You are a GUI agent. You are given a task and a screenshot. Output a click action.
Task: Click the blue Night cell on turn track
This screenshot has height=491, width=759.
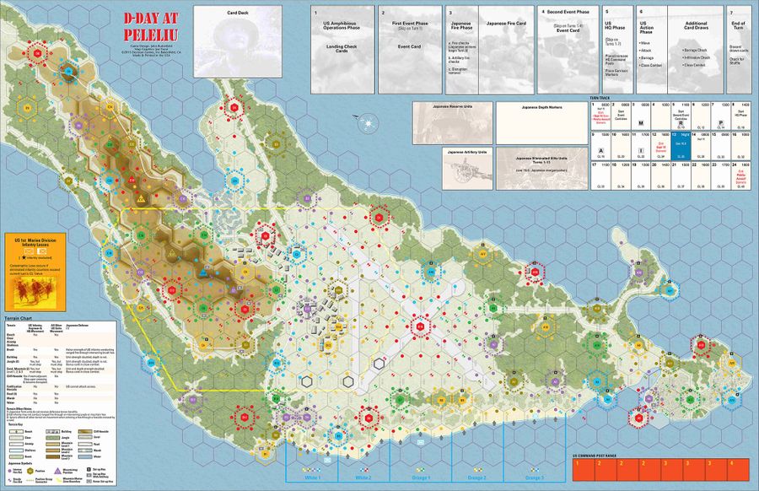click(680, 142)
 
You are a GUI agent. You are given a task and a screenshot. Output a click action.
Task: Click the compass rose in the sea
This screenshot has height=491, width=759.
click(369, 121)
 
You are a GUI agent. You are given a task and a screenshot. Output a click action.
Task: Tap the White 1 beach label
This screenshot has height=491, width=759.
click(312, 478)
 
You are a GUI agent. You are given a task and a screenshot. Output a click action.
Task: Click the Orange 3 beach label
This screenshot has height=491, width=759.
click(534, 478)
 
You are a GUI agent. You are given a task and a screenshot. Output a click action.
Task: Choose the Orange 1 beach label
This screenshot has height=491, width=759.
click(421, 478)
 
